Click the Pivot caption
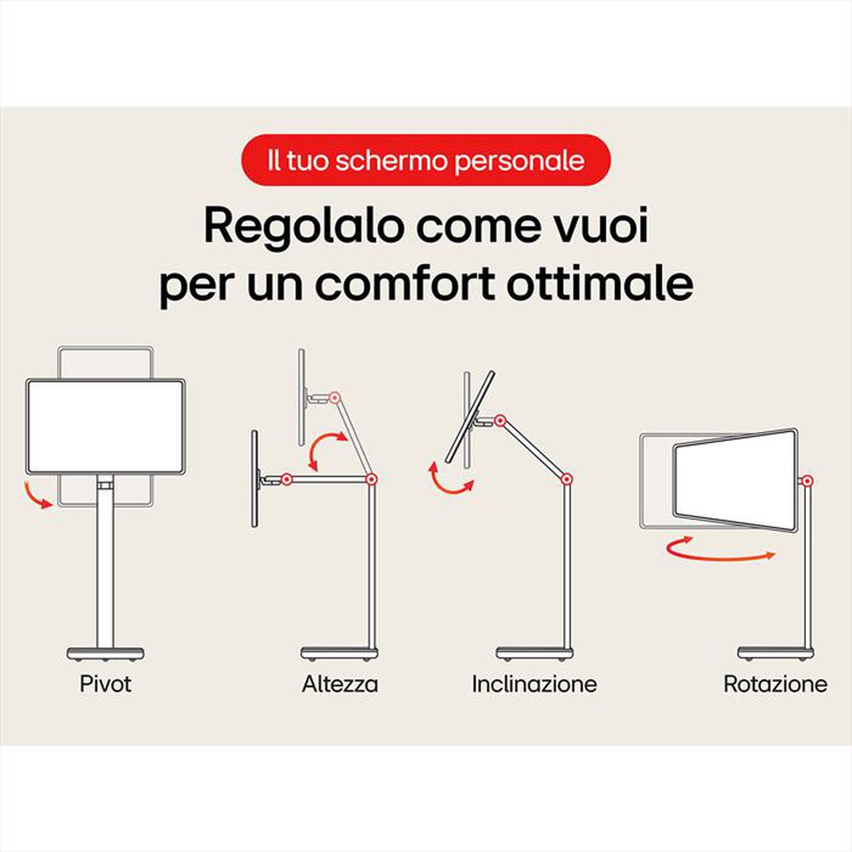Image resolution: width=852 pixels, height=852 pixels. click(106, 683)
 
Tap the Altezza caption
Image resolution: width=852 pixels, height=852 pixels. click(340, 683)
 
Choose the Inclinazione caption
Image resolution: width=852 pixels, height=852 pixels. click(534, 683)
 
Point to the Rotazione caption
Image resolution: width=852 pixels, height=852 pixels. click(774, 683)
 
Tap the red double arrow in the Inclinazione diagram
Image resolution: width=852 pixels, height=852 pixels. click(450, 477)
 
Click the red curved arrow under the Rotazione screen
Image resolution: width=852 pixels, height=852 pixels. click(720, 550)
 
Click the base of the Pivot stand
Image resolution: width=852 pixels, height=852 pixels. click(106, 653)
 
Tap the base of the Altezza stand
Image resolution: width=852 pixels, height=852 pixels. click(339, 653)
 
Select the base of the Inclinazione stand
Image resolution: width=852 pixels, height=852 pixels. click(535, 653)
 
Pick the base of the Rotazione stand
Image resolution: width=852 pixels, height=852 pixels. click(775, 653)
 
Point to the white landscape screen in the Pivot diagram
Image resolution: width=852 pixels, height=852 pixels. click(106, 426)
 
